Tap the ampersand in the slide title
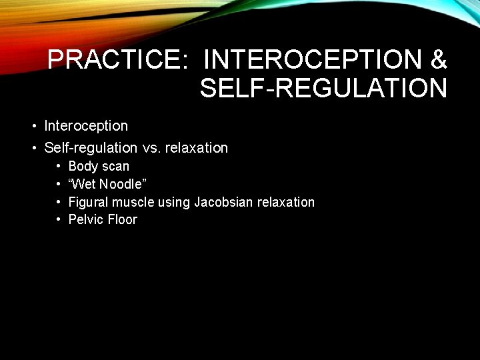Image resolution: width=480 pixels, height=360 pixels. click(x=439, y=60)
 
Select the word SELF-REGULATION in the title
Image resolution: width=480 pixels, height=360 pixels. click(x=323, y=88)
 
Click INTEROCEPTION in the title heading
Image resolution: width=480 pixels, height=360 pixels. click(x=313, y=60)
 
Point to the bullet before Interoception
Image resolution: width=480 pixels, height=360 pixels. click(x=33, y=126)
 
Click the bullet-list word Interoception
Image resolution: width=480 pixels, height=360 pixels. click(x=85, y=126)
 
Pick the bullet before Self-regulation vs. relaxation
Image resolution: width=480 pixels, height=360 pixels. click(x=33, y=148)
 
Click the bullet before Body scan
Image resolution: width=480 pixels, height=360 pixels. click(x=59, y=166)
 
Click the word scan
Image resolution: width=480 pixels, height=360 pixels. click(x=115, y=166)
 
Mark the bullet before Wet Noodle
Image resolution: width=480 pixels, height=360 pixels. click(x=59, y=184)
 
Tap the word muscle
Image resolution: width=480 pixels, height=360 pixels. click(x=132, y=202)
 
